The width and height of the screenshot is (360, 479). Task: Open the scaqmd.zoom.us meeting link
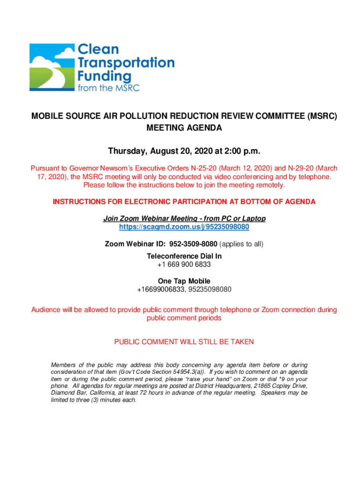tap(184, 227)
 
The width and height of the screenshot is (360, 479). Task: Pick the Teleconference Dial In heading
tap(184, 256)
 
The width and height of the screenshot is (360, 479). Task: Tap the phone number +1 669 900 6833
tap(184, 264)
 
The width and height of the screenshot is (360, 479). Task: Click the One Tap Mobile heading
tap(184, 281)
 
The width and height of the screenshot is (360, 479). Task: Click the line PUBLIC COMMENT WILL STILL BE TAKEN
tap(184, 342)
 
